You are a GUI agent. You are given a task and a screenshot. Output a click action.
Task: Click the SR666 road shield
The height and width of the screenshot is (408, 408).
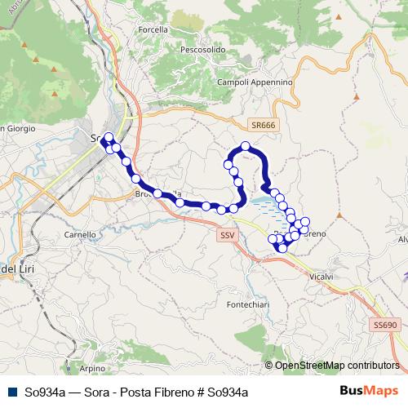pyautogui.click(x=264, y=125)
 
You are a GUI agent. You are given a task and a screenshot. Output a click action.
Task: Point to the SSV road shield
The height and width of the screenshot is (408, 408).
pyautogui.click(x=228, y=235)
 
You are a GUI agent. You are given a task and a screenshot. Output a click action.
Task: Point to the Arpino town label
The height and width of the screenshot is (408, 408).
pyautogui.click(x=93, y=368)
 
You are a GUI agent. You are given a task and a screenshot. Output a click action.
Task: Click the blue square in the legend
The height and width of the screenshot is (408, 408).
pyautogui.click(x=12, y=392)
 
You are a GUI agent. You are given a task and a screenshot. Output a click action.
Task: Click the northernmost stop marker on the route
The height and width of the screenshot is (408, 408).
pyautogui.click(x=245, y=146)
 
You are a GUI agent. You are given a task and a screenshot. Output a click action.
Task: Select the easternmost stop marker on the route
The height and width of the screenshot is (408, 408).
pyautogui.click(x=307, y=221)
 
